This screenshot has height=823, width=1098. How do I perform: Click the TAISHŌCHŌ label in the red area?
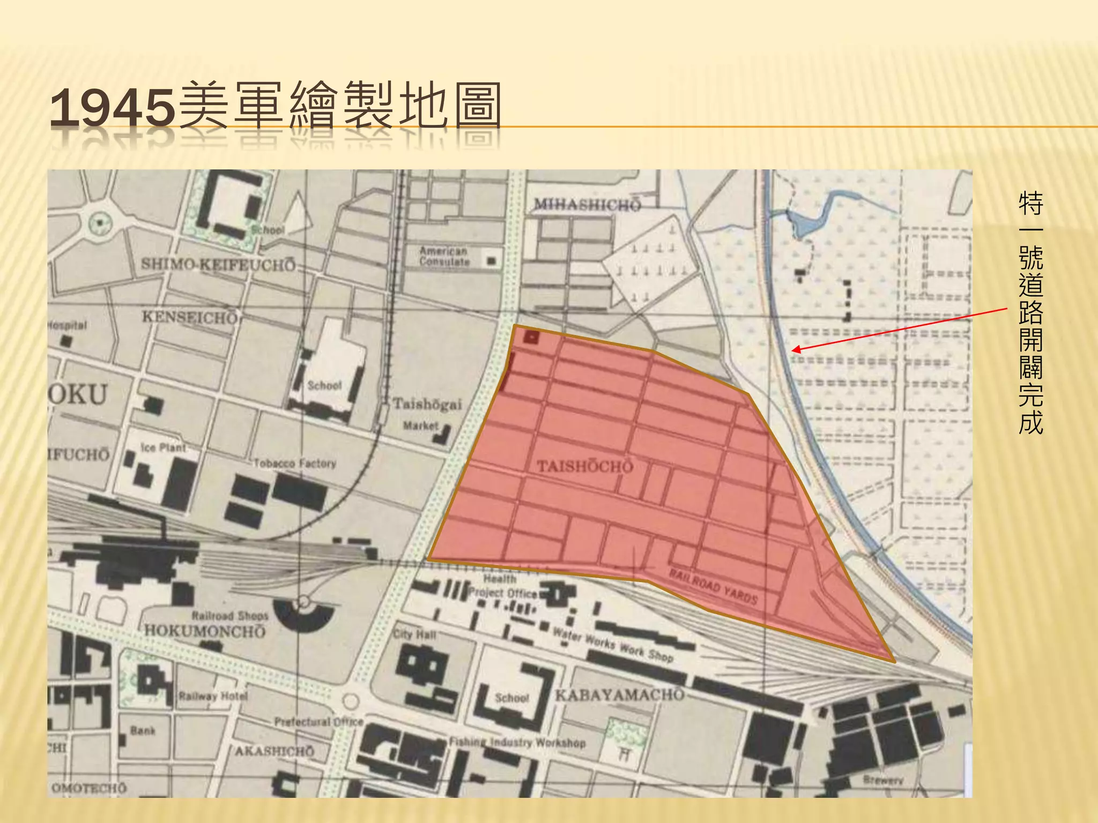585,466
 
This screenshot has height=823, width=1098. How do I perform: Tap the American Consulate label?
444,256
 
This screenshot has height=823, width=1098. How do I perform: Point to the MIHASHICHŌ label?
587,205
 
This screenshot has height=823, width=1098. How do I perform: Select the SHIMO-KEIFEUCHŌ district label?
218,265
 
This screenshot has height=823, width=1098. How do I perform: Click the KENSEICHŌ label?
189,317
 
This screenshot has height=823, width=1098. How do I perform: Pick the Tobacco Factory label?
295,463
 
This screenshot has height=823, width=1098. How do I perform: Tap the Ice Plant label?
164,447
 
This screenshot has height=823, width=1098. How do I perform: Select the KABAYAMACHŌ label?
620,695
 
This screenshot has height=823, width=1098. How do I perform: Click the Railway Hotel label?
213,696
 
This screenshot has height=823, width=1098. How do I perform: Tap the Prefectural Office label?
319,722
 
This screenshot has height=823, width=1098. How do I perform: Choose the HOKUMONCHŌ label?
205,631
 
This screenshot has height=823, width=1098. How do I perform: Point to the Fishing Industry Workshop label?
517,743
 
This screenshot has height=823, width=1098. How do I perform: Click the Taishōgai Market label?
427,413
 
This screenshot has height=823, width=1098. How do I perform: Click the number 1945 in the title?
113,107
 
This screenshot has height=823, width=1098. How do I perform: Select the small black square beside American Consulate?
491,261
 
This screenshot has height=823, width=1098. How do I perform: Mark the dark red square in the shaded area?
531,338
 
